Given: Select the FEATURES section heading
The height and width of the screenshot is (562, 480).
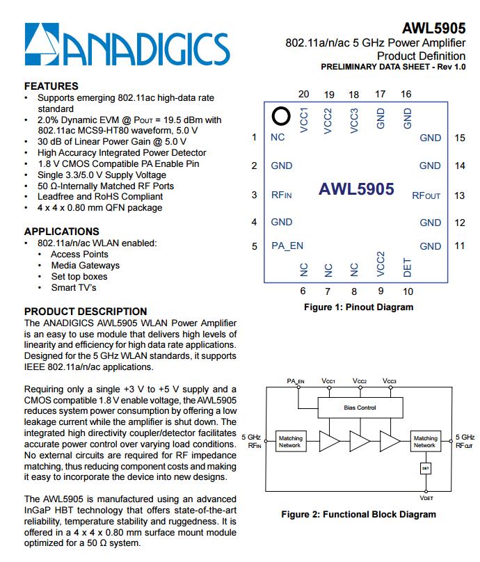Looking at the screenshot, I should (51, 86).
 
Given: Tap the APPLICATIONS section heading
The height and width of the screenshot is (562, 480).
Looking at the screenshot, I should (61, 231).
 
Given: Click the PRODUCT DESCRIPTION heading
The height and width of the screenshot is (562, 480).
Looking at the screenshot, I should (86, 312).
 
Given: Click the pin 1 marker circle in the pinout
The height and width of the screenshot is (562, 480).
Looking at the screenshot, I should (280, 115).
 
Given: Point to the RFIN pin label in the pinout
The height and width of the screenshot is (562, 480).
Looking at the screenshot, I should (281, 195).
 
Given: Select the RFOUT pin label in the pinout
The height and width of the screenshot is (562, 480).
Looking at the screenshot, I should (426, 195).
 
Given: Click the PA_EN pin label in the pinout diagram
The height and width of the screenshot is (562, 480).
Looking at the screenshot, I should (287, 246).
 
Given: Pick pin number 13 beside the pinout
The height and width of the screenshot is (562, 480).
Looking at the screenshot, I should (459, 195).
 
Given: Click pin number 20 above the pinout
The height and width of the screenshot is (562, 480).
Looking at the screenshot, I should (303, 95).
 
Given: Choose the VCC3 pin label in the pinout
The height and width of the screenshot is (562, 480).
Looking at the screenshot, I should (354, 120).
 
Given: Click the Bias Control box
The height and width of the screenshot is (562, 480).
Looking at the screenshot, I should (360, 408).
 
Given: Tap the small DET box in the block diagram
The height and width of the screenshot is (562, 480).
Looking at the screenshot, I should (425, 469).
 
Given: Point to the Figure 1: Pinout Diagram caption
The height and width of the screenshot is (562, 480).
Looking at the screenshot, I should (358, 307).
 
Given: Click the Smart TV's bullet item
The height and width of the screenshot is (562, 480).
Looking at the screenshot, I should (73, 287).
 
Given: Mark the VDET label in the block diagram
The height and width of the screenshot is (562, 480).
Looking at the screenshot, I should (426, 498).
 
